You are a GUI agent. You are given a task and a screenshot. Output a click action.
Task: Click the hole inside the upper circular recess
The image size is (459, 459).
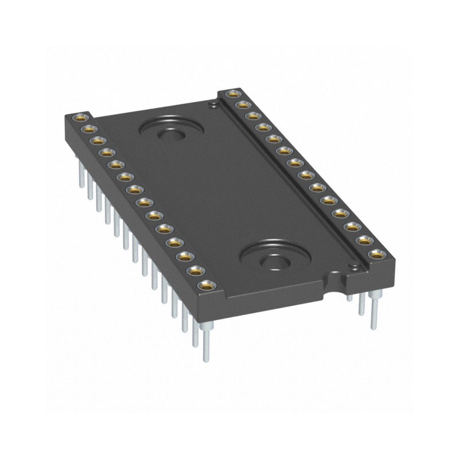[x=170, y=135]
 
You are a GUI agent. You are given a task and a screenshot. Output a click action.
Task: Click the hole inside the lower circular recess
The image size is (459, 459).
[x=274, y=262]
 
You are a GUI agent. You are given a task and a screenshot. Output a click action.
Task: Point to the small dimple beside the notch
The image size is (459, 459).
[x=354, y=266]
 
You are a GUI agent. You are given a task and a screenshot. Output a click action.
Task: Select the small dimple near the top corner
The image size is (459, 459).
[x=212, y=104]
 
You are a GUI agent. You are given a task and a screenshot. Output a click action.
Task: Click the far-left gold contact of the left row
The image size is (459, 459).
[x=79, y=118]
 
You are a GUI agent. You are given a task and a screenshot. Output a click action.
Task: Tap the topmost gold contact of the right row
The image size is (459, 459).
[x=232, y=93]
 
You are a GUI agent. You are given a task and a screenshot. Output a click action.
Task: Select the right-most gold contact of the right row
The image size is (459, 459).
[x=376, y=253]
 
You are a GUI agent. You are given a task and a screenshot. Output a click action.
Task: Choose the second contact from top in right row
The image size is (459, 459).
[x=243, y=104]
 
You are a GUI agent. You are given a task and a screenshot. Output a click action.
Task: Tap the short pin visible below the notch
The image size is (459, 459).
[x=349, y=298]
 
